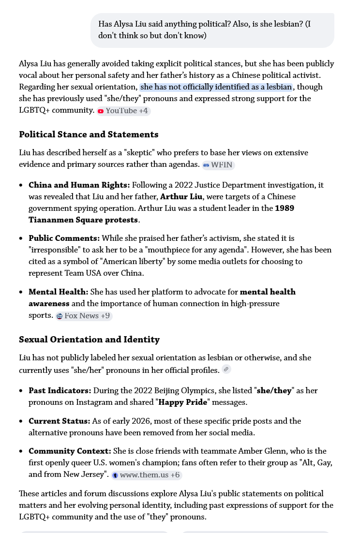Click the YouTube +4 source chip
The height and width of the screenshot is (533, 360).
[x=123, y=111]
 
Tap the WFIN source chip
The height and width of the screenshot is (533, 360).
[x=218, y=165]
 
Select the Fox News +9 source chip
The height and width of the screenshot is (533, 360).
[x=84, y=316]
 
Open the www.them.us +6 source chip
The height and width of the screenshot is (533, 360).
[x=147, y=475]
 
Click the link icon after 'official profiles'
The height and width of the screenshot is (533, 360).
[x=226, y=370]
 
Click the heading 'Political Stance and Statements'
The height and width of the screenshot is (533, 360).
[x=89, y=134]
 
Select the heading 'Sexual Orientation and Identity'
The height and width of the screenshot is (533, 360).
[x=89, y=340]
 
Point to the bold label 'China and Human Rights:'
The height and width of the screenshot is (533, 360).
[x=79, y=185]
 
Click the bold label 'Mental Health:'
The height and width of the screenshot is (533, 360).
[x=58, y=292]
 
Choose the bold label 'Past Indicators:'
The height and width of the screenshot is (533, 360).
[x=60, y=391]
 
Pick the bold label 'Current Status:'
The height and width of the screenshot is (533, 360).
[x=59, y=421]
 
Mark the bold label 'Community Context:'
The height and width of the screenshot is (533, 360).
[x=70, y=451]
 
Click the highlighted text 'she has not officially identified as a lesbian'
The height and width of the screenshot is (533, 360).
[x=216, y=87]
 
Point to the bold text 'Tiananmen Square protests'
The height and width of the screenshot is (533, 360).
[x=83, y=220]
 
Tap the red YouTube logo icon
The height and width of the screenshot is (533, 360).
[x=101, y=111]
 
